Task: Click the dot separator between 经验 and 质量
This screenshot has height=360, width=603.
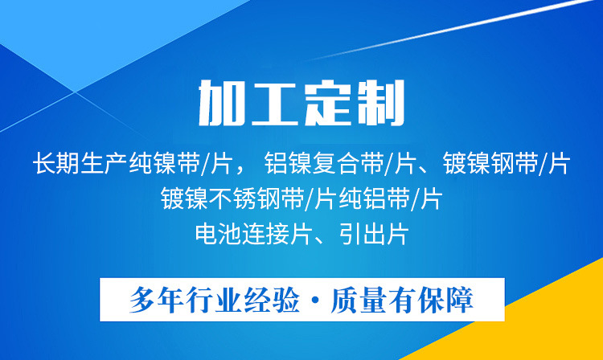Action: point(317,301)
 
